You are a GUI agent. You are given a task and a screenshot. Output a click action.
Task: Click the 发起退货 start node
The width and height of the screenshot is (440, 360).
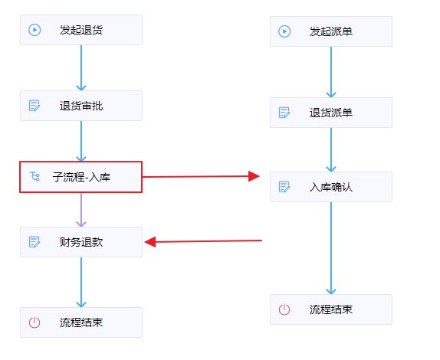[x=81, y=30]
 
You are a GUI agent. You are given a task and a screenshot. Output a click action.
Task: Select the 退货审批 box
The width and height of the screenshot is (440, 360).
[x=81, y=106]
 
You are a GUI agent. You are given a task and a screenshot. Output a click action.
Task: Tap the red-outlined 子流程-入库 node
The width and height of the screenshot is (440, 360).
[x=80, y=177]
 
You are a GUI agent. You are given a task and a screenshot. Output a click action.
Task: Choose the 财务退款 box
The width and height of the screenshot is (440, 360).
[x=81, y=242]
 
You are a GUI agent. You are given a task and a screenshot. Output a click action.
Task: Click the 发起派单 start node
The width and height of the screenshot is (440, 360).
[x=331, y=31]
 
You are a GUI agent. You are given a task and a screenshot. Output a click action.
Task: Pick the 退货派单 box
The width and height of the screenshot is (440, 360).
[x=331, y=113]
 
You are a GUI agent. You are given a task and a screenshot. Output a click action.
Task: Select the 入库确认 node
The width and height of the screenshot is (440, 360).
[x=331, y=187]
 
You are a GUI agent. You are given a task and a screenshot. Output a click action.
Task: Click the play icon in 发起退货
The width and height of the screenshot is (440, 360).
[x=34, y=30]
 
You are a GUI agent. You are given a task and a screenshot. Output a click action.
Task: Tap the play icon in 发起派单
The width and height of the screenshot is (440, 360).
[x=284, y=31]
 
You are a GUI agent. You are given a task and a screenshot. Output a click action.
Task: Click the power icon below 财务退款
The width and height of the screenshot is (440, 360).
[x=34, y=322]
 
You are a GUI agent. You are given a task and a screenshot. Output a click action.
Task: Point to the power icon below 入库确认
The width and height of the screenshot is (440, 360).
[x=284, y=309]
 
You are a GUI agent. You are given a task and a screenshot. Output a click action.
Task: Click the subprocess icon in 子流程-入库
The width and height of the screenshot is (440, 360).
[x=34, y=177]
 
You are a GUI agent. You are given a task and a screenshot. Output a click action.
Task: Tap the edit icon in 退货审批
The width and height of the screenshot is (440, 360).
[x=34, y=106]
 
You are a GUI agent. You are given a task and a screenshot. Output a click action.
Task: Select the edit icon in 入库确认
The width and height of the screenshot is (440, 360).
[x=284, y=187]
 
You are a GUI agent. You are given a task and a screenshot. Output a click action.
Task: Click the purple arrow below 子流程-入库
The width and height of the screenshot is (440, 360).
[x=81, y=210]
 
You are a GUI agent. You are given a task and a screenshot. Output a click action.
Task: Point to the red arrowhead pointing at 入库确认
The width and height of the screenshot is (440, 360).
[x=254, y=176]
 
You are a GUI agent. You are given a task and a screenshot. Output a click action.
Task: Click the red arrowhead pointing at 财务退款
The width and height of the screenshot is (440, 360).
[x=150, y=242]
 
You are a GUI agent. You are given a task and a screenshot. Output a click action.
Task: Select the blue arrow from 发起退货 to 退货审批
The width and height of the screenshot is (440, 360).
[x=81, y=67]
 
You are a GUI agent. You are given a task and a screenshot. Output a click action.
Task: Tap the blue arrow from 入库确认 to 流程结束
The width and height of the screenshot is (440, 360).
[x=331, y=248]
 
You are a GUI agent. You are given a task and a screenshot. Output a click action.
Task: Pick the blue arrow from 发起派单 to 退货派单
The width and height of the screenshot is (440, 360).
[x=331, y=72]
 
